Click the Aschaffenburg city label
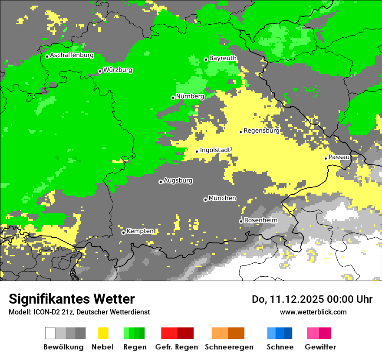[x=72, y=55]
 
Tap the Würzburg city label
[x=118, y=70]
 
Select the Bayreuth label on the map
[x=223, y=58]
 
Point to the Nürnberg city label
[x=190, y=96]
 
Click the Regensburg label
[x=261, y=130]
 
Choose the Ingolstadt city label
[x=215, y=150]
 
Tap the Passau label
[x=339, y=157]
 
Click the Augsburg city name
[x=178, y=180]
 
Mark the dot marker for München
[x=205, y=200]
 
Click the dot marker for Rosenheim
[x=241, y=221]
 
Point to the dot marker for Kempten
[x=123, y=232]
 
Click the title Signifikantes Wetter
[x=72, y=299]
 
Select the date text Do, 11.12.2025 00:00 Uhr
[x=312, y=299]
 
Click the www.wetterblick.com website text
[x=313, y=312]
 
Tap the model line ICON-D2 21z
[x=79, y=312]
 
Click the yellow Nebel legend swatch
[x=103, y=333]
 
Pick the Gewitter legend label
[x=320, y=347]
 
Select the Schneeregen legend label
[x=229, y=347]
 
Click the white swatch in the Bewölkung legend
[x=50, y=333]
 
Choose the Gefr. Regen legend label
[x=177, y=347]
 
